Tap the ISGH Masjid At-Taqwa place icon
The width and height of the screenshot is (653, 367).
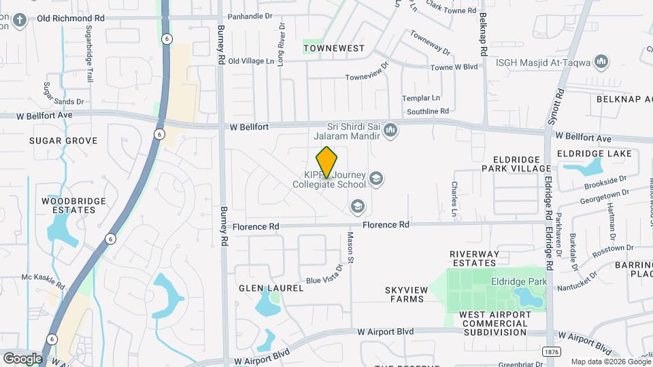601,63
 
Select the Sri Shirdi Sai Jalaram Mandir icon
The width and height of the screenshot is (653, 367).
390,129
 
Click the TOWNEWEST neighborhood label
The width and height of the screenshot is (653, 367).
334,48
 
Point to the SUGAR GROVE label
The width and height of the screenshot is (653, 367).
63,141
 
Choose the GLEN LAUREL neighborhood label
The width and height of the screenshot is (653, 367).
271,288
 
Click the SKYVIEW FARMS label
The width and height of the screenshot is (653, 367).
407,295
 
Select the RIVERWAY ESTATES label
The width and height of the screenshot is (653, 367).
475,258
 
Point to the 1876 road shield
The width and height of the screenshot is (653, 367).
552,351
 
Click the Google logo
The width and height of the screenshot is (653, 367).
22,358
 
